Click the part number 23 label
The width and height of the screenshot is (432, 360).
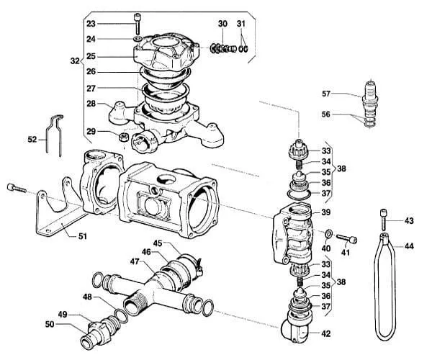coord(91,24)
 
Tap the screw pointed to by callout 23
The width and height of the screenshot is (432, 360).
coord(138,22)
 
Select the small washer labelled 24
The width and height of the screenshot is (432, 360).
coord(138,38)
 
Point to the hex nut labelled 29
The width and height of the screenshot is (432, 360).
coord(123,137)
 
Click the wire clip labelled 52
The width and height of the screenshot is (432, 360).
coord(55,135)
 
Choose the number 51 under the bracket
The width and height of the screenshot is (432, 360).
coord(82,236)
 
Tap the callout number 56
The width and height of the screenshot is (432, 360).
coord(326,114)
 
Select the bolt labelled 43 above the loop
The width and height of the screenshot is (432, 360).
coord(384,220)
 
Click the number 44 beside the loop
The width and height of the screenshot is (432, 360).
coord(409,246)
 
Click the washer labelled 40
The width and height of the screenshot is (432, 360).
coord(328,234)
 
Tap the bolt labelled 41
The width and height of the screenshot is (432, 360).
coord(346,238)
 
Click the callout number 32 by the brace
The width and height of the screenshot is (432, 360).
coord(75,61)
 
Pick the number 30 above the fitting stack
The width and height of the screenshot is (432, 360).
coord(222,24)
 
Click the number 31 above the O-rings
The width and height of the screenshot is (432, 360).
coord(240,24)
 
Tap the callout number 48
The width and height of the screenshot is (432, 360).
coord(88,297)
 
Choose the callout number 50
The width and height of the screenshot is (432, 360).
coord(50,325)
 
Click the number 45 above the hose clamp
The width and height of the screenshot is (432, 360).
coord(158,243)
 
